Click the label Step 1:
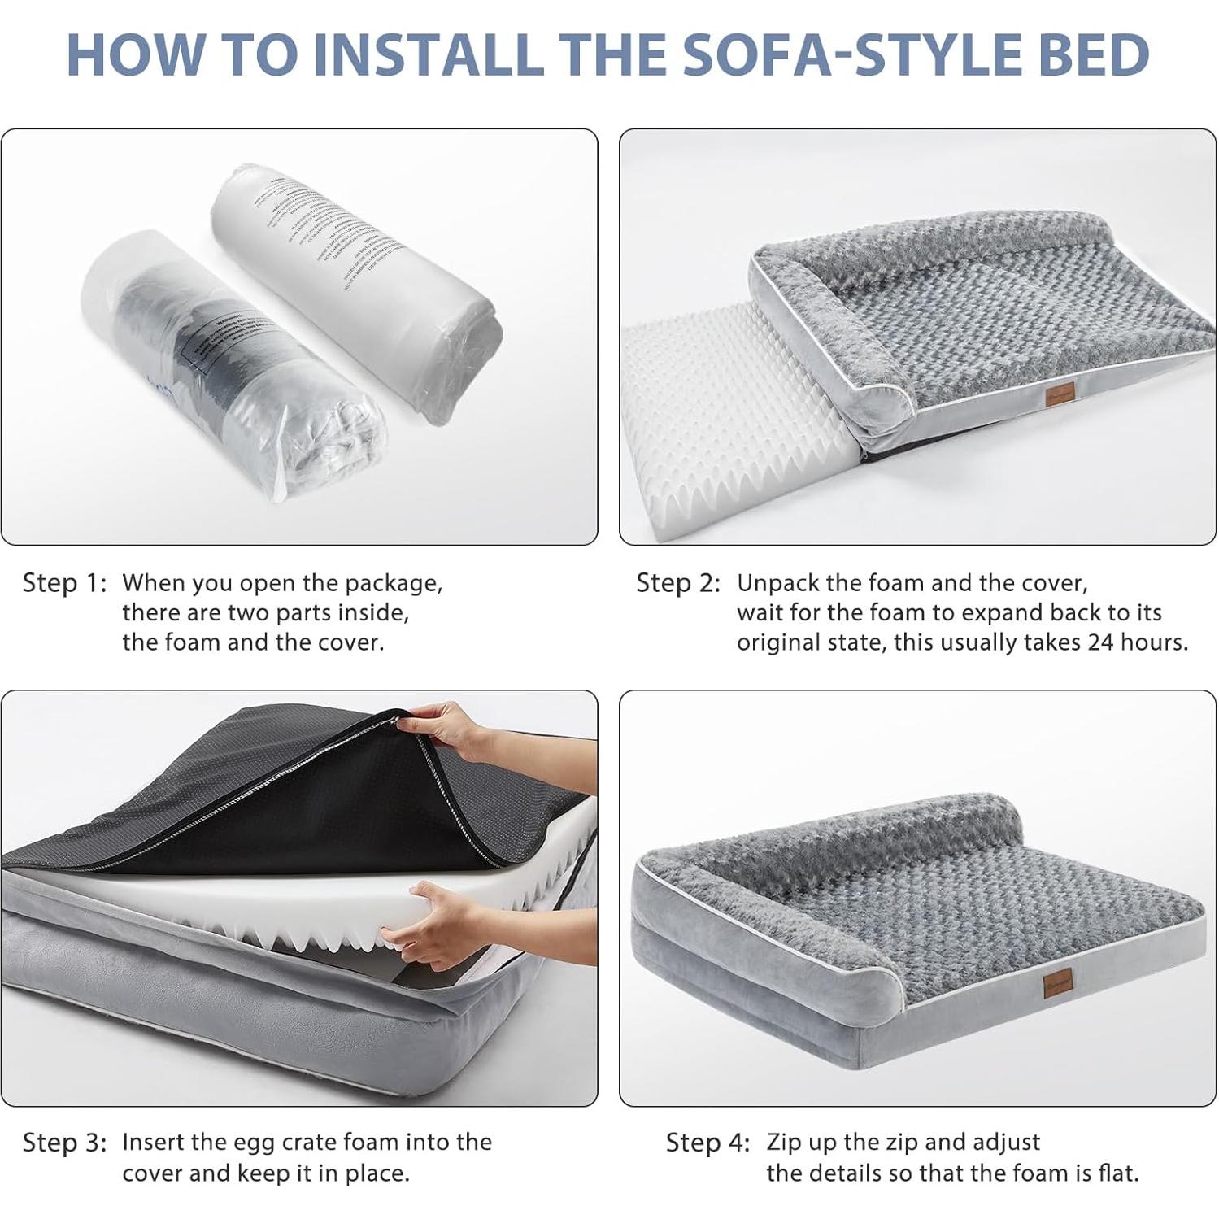tap(64, 583)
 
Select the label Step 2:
tap(678, 583)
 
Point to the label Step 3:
tap(64, 1143)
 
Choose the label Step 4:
tap(707, 1143)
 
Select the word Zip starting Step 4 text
tap(782, 1143)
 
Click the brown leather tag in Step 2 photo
tap(1059, 394)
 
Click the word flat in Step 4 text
tap(1120, 1173)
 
